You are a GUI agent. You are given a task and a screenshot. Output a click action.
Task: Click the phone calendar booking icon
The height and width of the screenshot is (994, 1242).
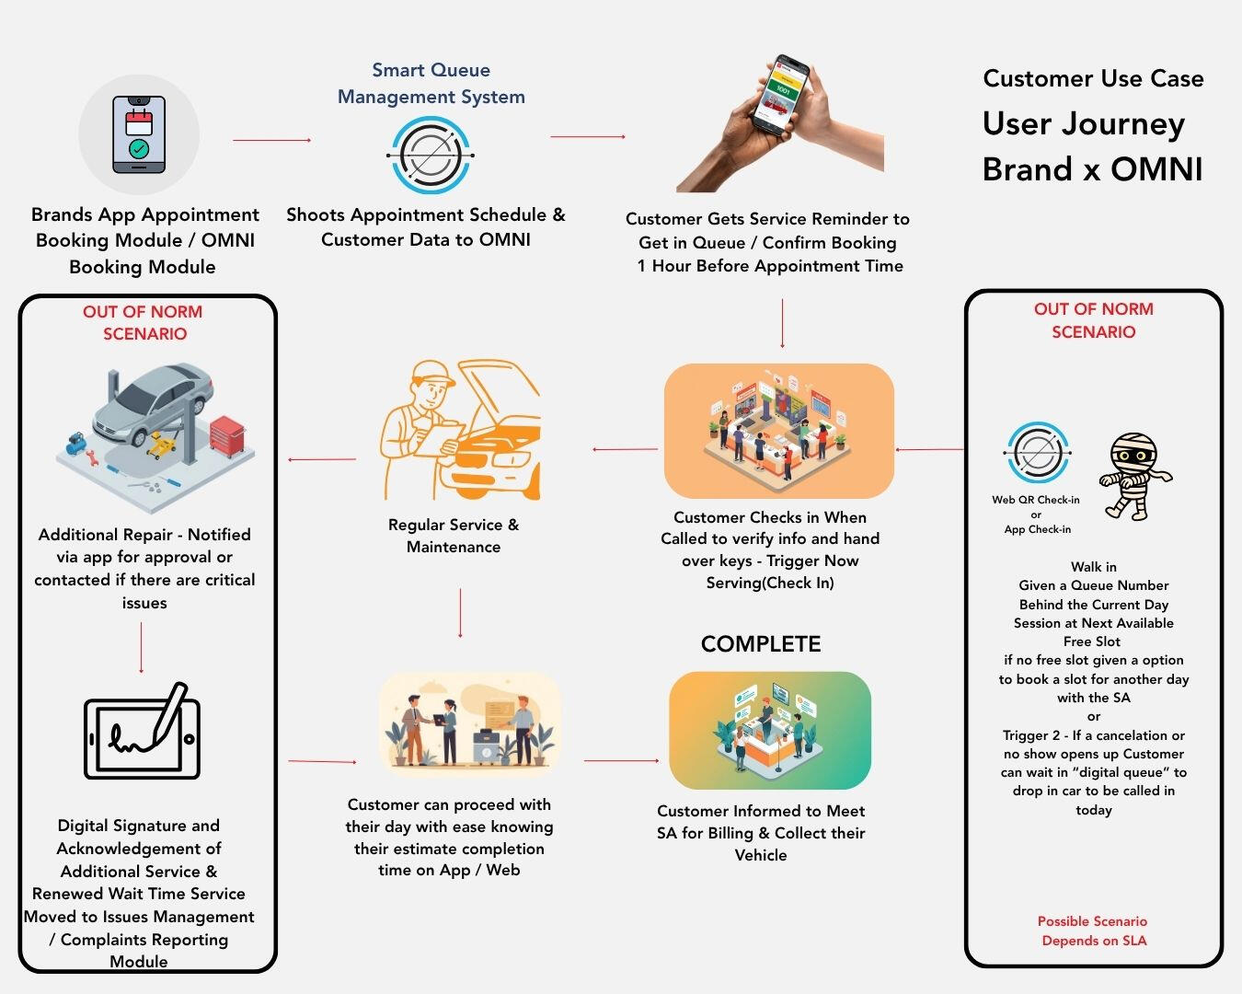[139, 134]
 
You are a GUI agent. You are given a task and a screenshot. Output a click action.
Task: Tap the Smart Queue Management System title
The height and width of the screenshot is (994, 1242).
[431, 83]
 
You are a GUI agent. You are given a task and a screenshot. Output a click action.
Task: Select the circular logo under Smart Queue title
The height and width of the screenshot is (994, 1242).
[431, 155]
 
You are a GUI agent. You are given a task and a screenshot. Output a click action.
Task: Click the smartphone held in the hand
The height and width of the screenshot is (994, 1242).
[780, 94]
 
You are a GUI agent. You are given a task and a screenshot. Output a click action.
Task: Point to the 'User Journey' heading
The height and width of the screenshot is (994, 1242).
[1083, 123]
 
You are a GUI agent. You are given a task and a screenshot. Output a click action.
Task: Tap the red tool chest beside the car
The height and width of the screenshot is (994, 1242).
[226, 435]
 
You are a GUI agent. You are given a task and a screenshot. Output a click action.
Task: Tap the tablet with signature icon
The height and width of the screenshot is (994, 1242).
[143, 733]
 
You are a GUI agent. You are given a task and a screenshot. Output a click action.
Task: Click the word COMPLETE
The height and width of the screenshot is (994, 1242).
[760, 644]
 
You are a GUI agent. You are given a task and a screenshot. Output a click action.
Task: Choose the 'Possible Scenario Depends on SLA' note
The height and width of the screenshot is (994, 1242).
[1093, 930]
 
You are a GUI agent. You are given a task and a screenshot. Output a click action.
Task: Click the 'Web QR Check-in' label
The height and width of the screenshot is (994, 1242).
[1035, 500]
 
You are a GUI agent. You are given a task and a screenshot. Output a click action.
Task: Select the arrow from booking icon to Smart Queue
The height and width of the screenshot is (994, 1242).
[271, 140]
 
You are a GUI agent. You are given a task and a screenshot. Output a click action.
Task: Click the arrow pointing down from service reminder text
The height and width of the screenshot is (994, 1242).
[782, 323]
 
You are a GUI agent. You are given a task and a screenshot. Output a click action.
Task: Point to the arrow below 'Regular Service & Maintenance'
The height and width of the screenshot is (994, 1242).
[460, 613]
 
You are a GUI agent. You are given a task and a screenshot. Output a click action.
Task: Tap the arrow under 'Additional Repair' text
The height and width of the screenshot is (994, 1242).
[141, 648]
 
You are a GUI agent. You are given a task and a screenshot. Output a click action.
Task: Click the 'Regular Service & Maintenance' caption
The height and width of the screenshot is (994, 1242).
[454, 536]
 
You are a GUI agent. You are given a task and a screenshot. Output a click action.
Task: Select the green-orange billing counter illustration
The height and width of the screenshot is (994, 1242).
[769, 730]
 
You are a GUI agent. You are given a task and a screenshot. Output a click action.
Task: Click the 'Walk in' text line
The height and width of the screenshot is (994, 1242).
[1093, 567]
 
